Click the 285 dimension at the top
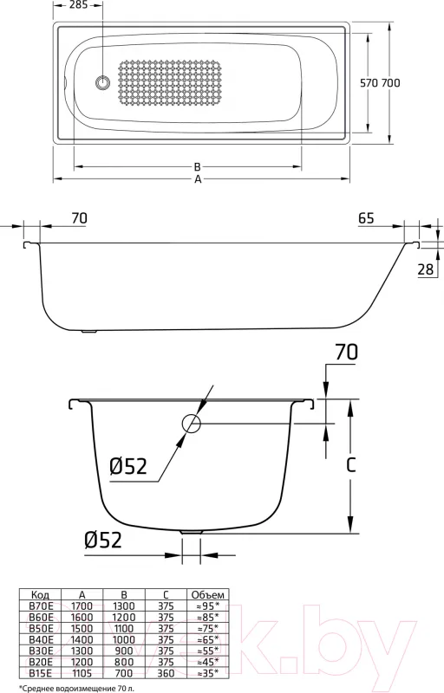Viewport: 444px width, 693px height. click(x=79, y=5)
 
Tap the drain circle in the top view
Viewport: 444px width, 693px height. click(x=102, y=82)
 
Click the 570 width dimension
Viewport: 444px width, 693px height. click(x=369, y=82)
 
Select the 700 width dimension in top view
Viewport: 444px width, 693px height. click(x=390, y=82)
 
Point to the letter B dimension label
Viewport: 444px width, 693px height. click(x=198, y=167)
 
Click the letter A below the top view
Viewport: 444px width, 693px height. click(x=198, y=179)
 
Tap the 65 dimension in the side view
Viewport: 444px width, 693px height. click(x=366, y=218)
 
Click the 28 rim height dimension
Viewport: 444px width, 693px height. click(x=426, y=269)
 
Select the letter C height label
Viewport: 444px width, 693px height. click(x=350, y=465)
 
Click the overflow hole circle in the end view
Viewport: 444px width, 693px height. click(x=192, y=424)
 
